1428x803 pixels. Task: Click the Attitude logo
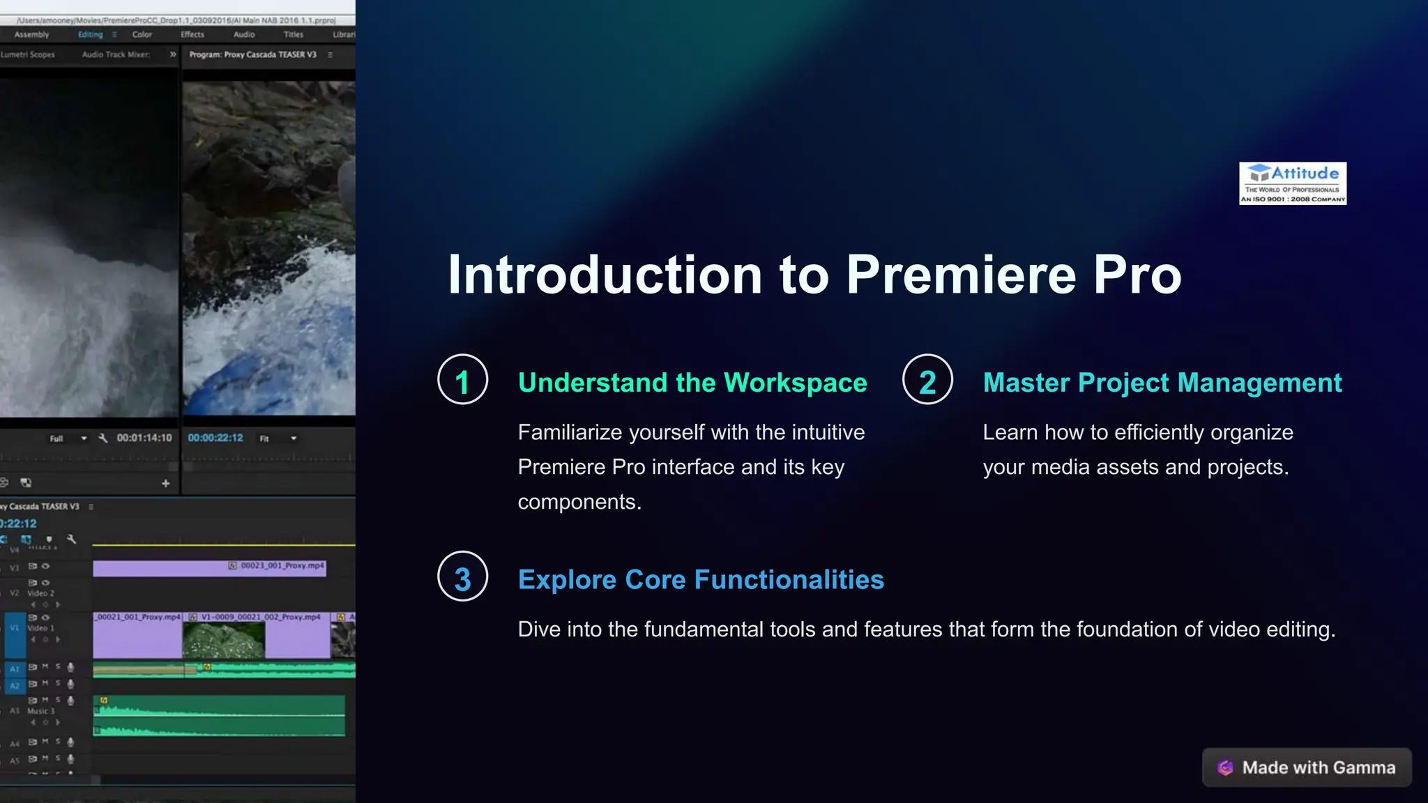pyautogui.click(x=1292, y=183)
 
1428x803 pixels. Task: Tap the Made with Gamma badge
pyautogui.click(x=1307, y=767)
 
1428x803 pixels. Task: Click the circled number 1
pyautogui.click(x=462, y=380)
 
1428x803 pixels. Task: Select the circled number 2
pyautogui.click(x=927, y=380)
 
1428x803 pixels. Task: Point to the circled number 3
pyautogui.click(x=462, y=576)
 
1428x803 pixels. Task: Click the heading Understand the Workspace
pyautogui.click(x=692, y=383)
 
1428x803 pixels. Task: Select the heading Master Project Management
pyautogui.click(x=1162, y=383)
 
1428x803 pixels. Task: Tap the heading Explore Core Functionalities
pyautogui.click(x=701, y=580)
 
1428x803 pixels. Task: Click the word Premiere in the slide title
pyautogui.click(x=962, y=275)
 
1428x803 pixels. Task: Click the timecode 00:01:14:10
pyautogui.click(x=144, y=438)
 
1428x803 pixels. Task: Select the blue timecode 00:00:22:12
pyautogui.click(x=215, y=438)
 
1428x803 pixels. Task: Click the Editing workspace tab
pyautogui.click(x=91, y=34)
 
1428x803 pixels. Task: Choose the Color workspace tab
pyautogui.click(x=142, y=34)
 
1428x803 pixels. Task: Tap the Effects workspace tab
pyautogui.click(x=192, y=34)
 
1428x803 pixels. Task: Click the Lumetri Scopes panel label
pyautogui.click(x=28, y=54)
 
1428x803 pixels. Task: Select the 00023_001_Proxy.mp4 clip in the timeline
pyautogui.click(x=209, y=569)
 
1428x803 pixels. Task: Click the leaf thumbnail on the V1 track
pyautogui.click(x=224, y=640)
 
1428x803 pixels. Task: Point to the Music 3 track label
pyautogui.click(x=38, y=711)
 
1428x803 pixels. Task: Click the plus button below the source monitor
pyautogui.click(x=165, y=483)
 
